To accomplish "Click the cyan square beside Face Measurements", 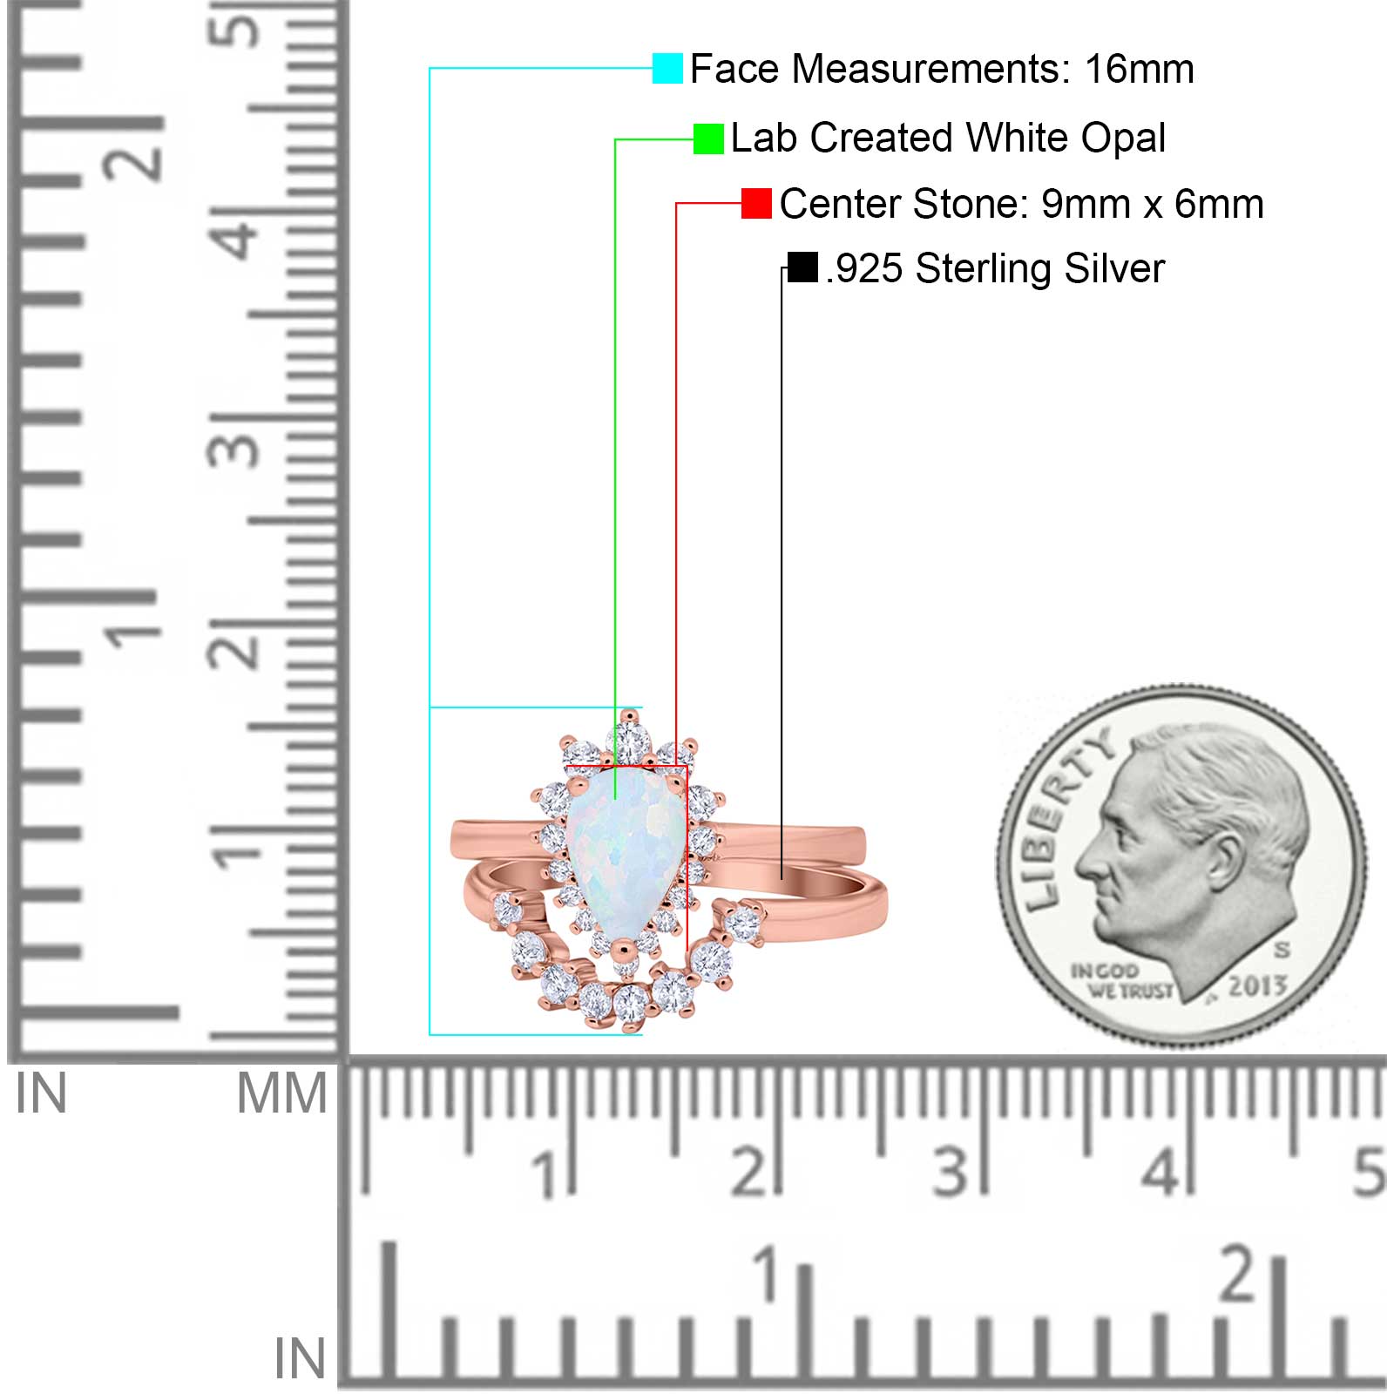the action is [667, 69].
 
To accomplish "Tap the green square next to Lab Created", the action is [708, 139].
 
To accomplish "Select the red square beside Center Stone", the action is [756, 204].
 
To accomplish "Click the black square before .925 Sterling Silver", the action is [802, 267].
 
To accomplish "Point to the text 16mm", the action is [1139, 69].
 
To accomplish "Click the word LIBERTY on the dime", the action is [1065, 820].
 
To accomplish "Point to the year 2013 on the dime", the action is [1257, 985].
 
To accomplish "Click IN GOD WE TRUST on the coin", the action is [1120, 981].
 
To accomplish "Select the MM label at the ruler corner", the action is [282, 1093].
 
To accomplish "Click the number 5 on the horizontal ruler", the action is [1369, 1172].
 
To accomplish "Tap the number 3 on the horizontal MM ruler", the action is [950, 1172].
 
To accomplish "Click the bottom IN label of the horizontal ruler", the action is [300, 1358].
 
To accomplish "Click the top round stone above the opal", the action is [628, 743].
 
